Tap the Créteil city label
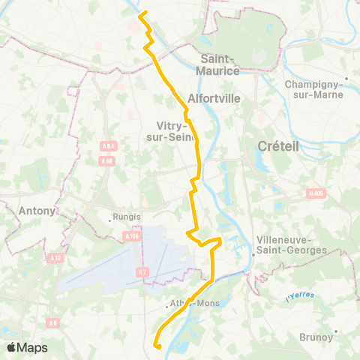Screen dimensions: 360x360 pyautogui.click(x=277, y=146)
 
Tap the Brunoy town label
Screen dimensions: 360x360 pyautogui.click(x=316, y=337)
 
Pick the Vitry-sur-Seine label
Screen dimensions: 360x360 pyautogui.click(x=173, y=131)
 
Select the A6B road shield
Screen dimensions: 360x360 pyautogui.click(x=107, y=160)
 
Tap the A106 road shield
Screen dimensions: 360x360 pyautogui.click(x=132, y=236)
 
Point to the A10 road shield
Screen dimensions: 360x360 pyautogui.click(x=55, y=258)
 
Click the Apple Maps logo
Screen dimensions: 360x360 pyautogui.click(x=27, y=347)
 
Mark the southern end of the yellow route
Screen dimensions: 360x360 pyautogui.click(x=157, y=346)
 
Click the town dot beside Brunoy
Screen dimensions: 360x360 pyautogui.click(x=337, y=330)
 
